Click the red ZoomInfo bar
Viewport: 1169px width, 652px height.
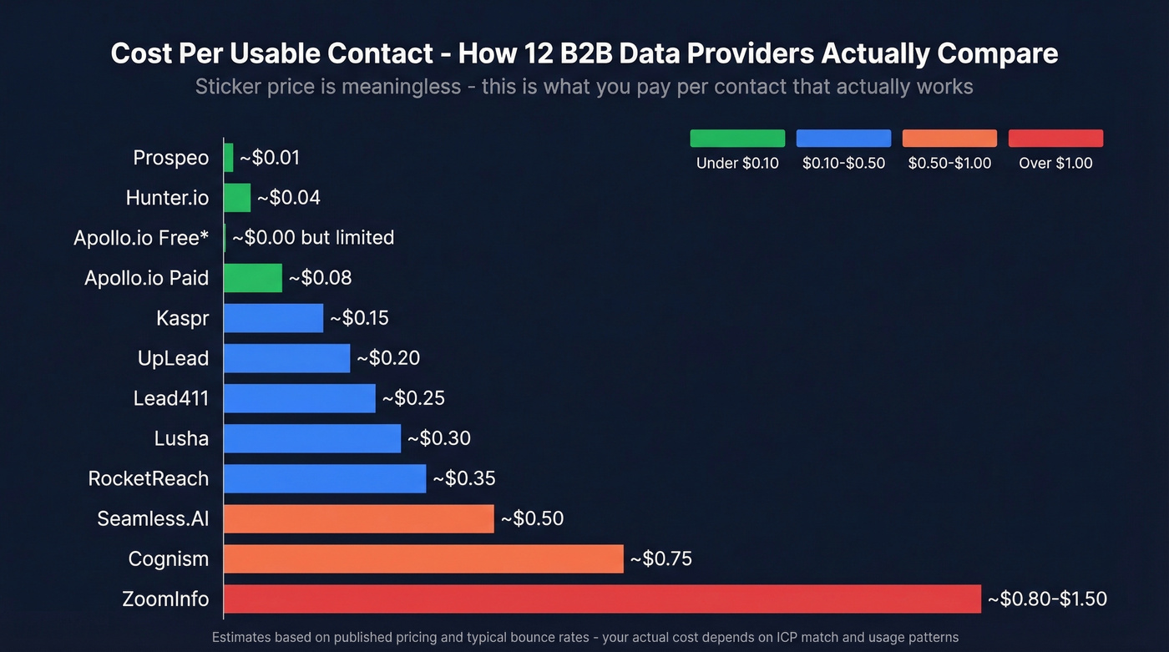602,599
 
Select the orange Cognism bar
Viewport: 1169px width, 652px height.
423,558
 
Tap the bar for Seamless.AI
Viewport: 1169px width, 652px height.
359,518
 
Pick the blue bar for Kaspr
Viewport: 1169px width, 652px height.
273,318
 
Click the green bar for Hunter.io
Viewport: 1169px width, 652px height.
237,198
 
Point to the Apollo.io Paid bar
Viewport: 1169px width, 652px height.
253,278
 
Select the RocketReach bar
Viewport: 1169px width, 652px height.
325,478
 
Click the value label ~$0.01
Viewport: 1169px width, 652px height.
270,158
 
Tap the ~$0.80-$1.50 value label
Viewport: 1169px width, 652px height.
1047,599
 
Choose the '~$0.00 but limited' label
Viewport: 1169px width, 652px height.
313,238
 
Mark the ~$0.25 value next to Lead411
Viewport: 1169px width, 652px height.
413,398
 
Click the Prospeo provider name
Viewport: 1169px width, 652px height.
171,158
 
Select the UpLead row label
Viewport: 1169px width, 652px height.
173,358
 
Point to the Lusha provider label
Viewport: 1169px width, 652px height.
181,438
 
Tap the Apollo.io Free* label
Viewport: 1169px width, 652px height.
141,238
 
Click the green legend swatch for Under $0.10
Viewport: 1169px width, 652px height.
737,139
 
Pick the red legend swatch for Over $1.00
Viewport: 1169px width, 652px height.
1055,139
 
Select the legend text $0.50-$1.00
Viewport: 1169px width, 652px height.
949,164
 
